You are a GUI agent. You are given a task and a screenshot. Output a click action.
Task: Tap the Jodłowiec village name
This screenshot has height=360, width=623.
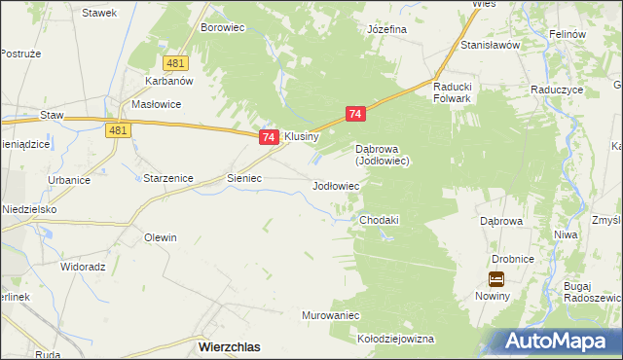pyautogui.click(x=336, y=185)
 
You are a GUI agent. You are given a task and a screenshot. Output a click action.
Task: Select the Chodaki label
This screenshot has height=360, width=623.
pyautogui.click(x=380, y=221)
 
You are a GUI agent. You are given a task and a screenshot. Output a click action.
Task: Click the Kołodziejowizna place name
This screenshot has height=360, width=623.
pyautogui.click(x=395, y=340)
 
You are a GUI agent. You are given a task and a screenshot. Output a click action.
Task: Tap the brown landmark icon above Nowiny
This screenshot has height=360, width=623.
pyautogui.click(x=496, y=279)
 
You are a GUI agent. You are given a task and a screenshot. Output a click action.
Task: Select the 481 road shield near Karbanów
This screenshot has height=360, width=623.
pyautogui.click(x=175, y=63)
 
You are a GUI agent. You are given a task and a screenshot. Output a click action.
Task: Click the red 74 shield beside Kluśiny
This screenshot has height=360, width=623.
pyautogui.click(x=269, y=138)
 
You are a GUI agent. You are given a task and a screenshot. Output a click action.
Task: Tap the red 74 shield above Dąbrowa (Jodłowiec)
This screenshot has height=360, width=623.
pyautogui.click(x=355, y=115)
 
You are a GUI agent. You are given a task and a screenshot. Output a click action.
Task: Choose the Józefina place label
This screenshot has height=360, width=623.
pyautogui.click(x=386, y=29)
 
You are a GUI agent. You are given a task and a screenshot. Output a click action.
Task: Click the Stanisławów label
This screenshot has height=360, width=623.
pyautogui.click(x=493, y=45)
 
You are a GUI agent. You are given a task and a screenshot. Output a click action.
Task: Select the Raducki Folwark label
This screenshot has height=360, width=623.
pyautogui.click(x=453, y=91)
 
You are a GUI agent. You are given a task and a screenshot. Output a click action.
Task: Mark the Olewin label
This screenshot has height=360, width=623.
pyautogui.click(x=161, y=237)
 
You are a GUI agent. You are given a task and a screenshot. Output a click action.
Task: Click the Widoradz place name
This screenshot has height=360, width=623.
pyautogui.click(x=83, y=266)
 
